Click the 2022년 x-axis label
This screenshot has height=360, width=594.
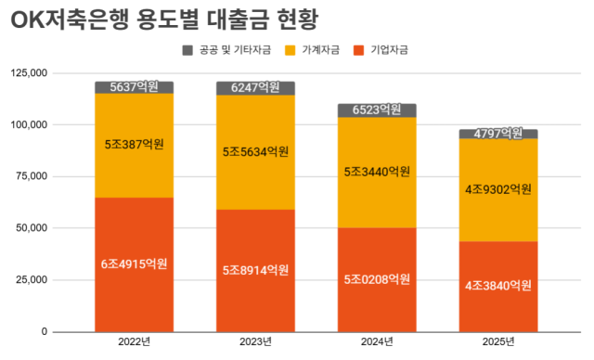tap(134, 342)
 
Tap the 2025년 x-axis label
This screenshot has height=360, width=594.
tap(498, 342)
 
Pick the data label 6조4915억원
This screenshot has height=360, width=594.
tap(134, 264)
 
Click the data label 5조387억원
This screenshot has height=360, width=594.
tap(134, 145)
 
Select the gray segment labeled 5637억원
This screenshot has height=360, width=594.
tap(134, 87)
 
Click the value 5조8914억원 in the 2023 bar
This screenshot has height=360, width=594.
tap(255, 270)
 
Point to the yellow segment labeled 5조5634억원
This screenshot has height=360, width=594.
tap(255, 151)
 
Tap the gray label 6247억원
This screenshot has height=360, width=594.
tap(255, 87)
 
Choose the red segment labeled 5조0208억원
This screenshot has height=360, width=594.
tap(377, 278)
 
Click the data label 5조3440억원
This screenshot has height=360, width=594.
tap(377, 172)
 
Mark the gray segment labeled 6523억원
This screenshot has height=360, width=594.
tap(377, 110)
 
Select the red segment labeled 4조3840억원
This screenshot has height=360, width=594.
tap(498, 285)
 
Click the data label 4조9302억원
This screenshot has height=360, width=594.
tap(498, 189)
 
